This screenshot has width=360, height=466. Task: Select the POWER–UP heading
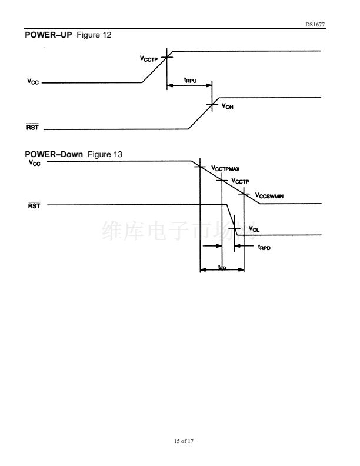pyautogui.click(x=48, y=35)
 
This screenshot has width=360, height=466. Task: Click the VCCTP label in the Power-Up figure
pyautogui.click(x=149, y=58)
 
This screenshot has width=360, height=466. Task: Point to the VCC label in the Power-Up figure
pyautogui.click(x=33, y=82)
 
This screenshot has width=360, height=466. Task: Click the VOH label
pyautogui.click(x=227, y=106)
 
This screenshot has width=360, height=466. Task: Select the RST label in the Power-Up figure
pyautogui.click(x=33, y=128)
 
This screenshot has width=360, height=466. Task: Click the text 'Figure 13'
pyautogui.click(x=105, y=154)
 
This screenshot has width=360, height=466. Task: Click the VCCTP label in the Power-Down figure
pyautogui.click(x=241, y=181)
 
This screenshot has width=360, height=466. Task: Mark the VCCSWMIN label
pyautogui.click(x=269, y=195)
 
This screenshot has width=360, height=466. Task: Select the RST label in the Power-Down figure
pyautogui.click(x=34, y=205)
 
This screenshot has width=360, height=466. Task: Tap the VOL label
pyautogui.click(x=254, y=228)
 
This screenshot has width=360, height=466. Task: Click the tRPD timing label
pyautogui.click(x=264, y=248)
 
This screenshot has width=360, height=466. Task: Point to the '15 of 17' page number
pyautogui.click(x=180, y=441)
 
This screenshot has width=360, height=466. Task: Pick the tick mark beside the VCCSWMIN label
pyautogui.click(x=244, y=194)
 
